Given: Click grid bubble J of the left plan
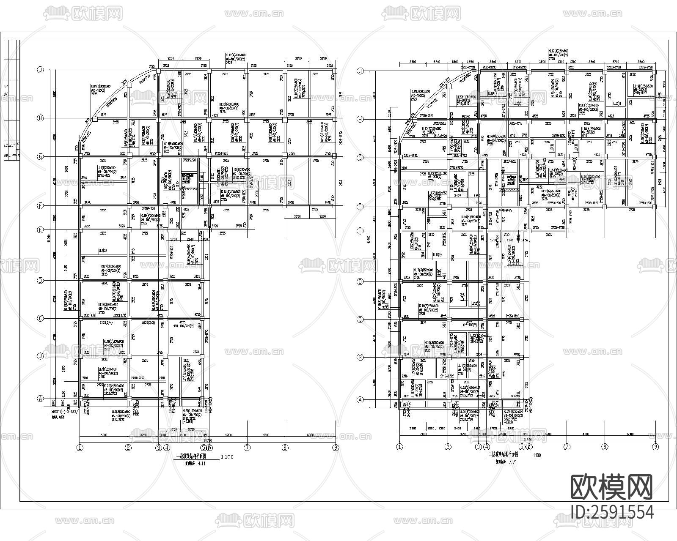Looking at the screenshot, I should [x=41, y=70].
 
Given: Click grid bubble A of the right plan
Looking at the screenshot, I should [x=361, y=400].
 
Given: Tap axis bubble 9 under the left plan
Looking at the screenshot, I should [x=336, y=448].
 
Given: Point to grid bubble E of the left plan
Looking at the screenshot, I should [x=41, y=230].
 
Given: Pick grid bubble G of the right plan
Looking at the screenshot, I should [x=361, y=158].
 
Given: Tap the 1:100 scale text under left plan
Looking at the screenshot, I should [x=227, y=457].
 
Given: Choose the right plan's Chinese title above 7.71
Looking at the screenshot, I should [x=506, y=455].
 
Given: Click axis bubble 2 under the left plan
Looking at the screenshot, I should [x=128, y=448].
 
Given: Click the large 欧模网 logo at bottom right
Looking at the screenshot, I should [x=611, y=487].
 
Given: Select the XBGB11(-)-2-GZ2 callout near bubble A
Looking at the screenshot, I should [x=61, y=411].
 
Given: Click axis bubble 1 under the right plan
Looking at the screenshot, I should [x=399, y=447].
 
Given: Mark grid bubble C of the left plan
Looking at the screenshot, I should [x=41, y=318].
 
